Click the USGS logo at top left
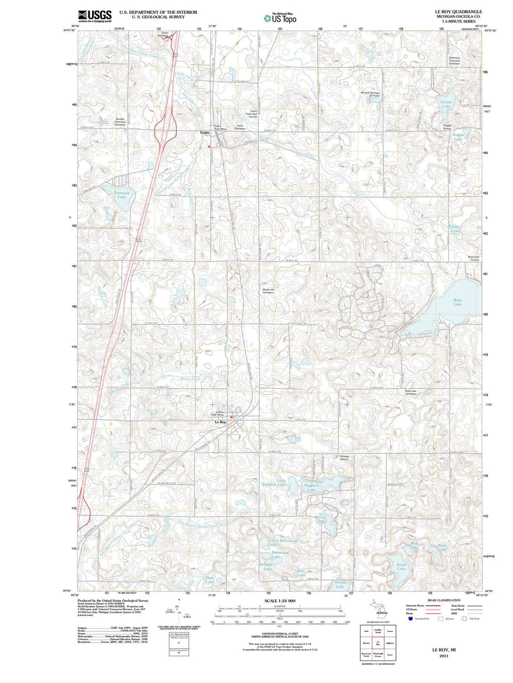coord(95,16)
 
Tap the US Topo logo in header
coord(280,18)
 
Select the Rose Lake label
coord(457,302)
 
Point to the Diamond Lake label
coord(122,195)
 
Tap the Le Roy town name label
coord(220,422)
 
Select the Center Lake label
coord(446,104)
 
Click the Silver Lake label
coord(401,567)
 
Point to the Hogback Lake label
coord(311,488)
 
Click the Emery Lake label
coord(454,229)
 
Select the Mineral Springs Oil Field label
coord(370,94)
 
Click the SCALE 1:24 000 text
coord(279,601)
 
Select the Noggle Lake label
coord(458,137)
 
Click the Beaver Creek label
coord(190,379)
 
